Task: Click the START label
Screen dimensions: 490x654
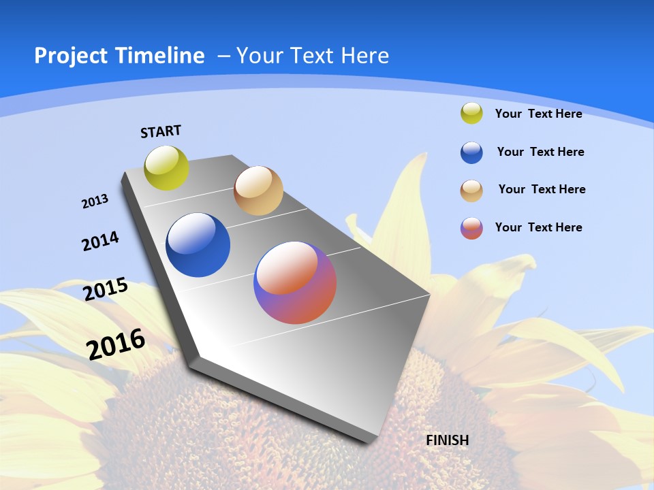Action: pyautogui.click(x=161, y=131)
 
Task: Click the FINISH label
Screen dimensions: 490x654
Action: pyautogui.click(x=448, y=440)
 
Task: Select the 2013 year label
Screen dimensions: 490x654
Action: pyautogui.click(x=95, y=201)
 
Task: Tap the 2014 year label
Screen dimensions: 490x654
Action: pyautogui.click(x=100, y=241)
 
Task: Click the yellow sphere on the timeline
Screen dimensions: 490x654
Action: pyautogui.click(x=167, y=168)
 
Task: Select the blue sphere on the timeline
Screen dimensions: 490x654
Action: pyautogui.click(x=198, y=245)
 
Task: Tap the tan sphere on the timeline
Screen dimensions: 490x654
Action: pyautogui.click(x=258, y=191)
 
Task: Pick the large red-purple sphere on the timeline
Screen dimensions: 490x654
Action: pyautogui.click(x=295, y=282)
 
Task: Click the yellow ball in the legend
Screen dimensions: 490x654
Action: pyautogui.click(x=471, y=113)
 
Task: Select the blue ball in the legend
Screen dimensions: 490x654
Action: pyautogui.click(x=471, y=152)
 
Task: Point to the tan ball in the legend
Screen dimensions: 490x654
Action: pyautogui.click(x=471, y=191)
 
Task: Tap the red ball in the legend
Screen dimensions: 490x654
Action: pyautogui.click(x=471, y=228)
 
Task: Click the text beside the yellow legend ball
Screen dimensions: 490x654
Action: pyautogui.click(x=538, y=114)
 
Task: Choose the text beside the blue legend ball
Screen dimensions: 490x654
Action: pyautogui.click(x=540, y=152)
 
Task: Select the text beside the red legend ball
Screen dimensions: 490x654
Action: pyautogui.click(x=538, y=227)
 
